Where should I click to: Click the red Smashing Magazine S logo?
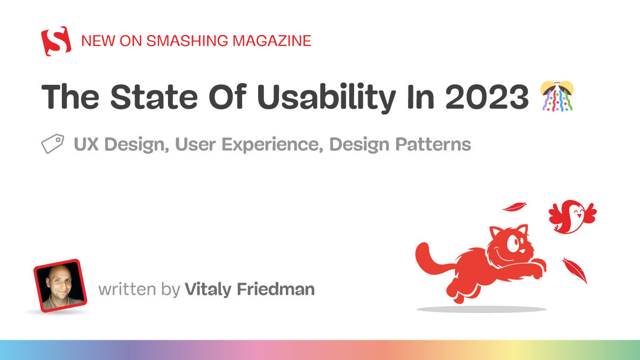pyautogui.click(x=57, y=41)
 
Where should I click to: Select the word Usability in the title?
pyautogui.click(x=326, y=97)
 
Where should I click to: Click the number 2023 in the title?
pyautogui.click(x=487, y=97)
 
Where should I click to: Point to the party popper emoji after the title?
pyautogui.click(x=557, y=96)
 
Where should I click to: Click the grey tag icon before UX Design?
pyautogui.click(x=53, y=143)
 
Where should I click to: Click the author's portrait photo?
pyautogui.click(x=60, y=285)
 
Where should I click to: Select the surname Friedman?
pyautogui.click(x=276, y=289)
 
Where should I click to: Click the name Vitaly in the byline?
pyautogui.click(x=208, y=289)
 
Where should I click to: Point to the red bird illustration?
pyautogui.click(x=572, y=217)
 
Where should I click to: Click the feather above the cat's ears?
pyautogui.click(x=515, y=206)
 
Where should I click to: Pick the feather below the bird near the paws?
pyautogui.click(x=574, y=270)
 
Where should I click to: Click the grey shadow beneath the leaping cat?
pyautogui.click(x=482, y=309)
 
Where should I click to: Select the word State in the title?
pyautogui.click(x=154, y=97)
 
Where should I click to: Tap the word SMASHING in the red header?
pyautogui.click(x=187, y=41)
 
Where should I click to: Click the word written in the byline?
pyautogui.click(x=127, y=289)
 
